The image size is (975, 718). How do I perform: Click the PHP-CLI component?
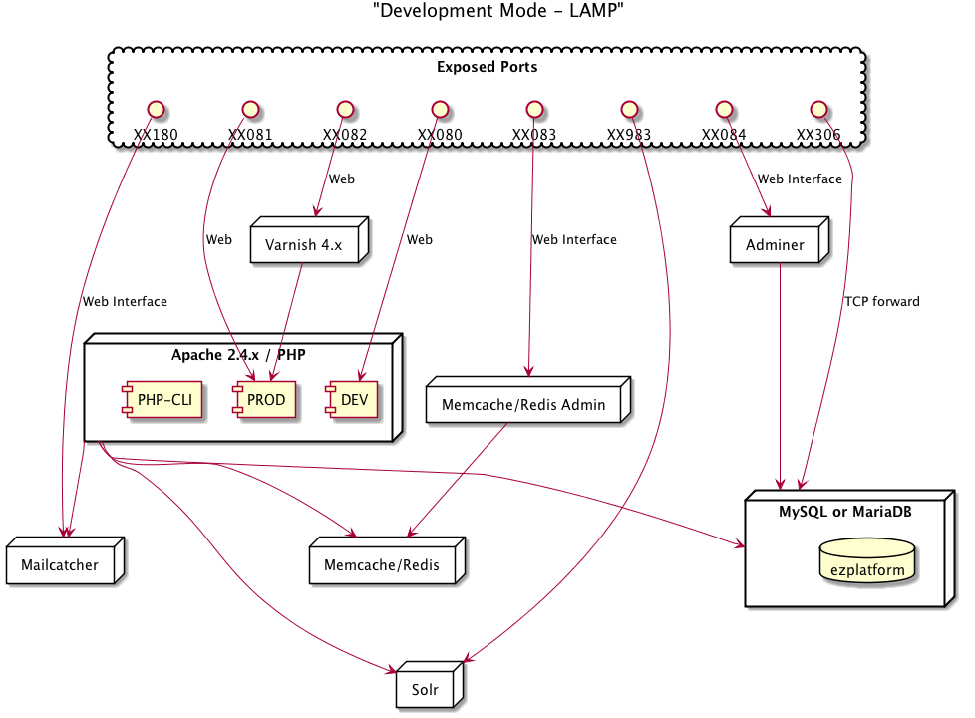point(162,400)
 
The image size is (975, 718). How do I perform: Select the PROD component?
point(264,400)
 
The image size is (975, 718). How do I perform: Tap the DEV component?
point(351,400)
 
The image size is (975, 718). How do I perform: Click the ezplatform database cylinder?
point(866,560)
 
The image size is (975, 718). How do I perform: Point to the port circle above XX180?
point(156,110)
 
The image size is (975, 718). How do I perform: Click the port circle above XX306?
point(818,110)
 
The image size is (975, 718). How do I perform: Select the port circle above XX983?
point(629,110)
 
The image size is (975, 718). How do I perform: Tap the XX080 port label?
point(440,135)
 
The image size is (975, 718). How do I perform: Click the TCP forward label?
point(881,302)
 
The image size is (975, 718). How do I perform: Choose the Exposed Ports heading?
point(487,67)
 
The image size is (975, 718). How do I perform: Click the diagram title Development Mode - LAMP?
point(498,11)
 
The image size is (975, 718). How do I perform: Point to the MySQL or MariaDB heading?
point(845,512)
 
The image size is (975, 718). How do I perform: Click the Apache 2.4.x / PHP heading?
point(239,355)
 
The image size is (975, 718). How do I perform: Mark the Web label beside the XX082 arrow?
point(342,179)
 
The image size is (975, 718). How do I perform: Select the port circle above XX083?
point(534,110)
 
